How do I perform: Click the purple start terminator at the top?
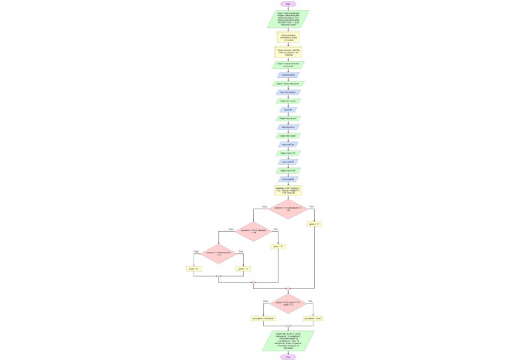(x=288, y=4)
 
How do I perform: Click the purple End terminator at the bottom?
(x=288, y=357)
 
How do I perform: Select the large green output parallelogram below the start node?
(x=288, y=19)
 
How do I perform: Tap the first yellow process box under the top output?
(x=288, y=37)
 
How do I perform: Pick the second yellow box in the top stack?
(x=288, y=52)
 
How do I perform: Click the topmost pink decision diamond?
(x=288, y=210)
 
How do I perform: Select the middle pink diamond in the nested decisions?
(x=253, y=231)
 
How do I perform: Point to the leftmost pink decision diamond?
(x=219, y=253)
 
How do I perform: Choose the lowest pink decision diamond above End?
(x=288, y=304)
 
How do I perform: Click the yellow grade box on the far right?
(x=314, y=224)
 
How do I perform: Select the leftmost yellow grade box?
(x=194, y=269)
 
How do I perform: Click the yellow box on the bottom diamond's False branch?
(x=262, y=318)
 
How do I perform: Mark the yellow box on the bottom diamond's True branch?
(x=313, y=318)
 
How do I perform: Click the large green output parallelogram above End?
(x=288, y=340)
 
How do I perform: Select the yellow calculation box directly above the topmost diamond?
(x=288, y=190)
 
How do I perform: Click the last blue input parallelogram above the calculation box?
(x=288, y=179)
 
